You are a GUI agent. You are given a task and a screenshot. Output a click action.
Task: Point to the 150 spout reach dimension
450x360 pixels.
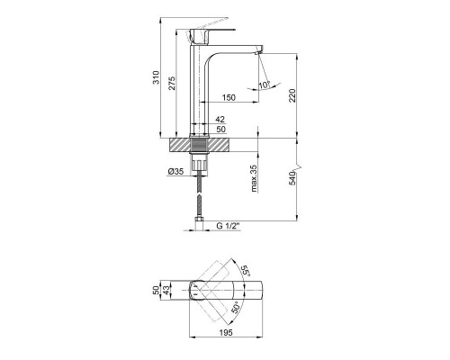tap(229, 97)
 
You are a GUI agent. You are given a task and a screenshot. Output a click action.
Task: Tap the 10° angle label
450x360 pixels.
tap(264, 86)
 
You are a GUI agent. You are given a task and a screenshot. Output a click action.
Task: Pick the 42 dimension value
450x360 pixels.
tap(220, 117)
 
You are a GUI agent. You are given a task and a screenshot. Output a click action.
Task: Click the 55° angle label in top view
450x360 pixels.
tap(243, 270)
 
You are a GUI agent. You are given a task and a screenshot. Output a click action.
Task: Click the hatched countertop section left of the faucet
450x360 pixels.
tap(187, 144)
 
